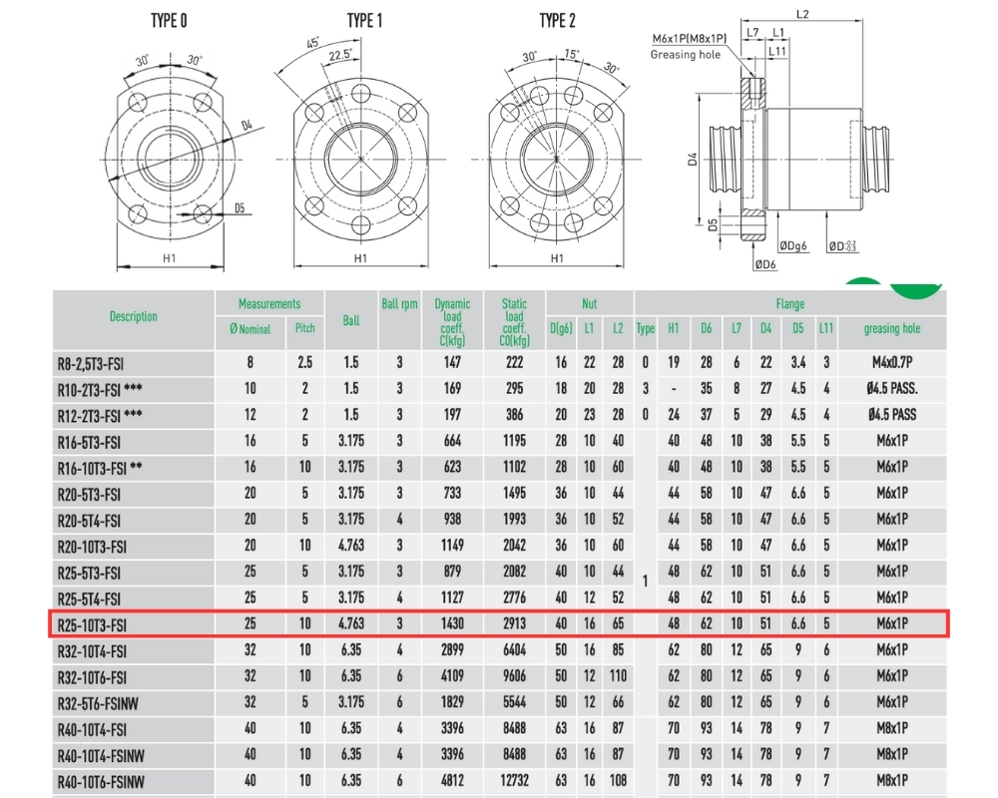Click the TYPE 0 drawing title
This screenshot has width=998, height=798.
(x=169, y=21)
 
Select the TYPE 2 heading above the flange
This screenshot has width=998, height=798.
(x=557, y=21)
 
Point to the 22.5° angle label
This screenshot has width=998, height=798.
(x=340, y=56)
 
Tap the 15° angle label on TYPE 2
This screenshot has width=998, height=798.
(x=572, y=54)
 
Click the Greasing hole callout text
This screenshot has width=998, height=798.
(x=686, y=55)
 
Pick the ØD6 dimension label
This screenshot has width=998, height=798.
(x=765, y=264)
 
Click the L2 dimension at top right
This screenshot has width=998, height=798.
(x=802, y=13)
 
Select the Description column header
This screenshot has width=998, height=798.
(x=133, y=316)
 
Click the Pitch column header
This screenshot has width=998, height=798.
(x=304, y=328)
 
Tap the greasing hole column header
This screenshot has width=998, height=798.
(x=891, y=328)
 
